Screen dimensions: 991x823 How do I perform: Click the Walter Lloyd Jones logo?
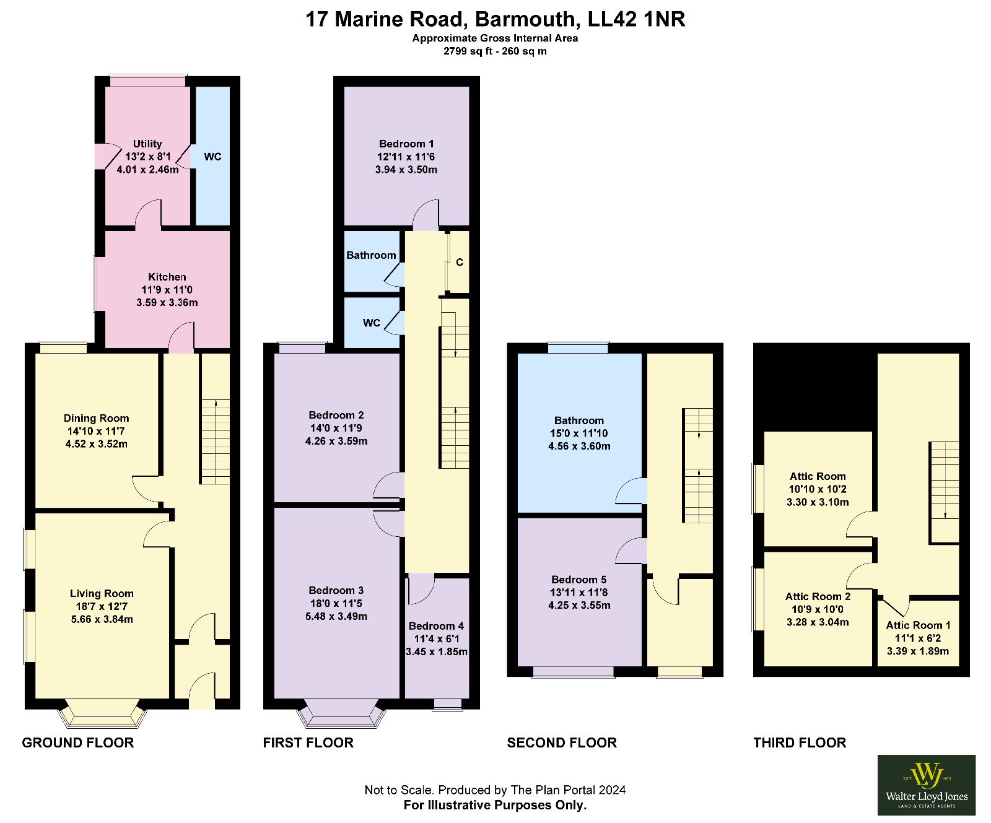tap(927, 785)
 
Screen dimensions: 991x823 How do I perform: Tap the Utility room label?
tap(147, 144)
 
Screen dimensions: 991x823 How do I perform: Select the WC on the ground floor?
tap(212, 156)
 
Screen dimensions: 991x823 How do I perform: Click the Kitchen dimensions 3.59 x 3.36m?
tap(167, 303)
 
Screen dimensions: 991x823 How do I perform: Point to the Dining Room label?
tap(96, 418)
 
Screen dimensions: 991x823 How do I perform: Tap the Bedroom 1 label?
tap(406, 144)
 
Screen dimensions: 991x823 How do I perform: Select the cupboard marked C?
tap(459, 262)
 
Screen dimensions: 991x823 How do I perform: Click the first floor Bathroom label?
tap(371, 255)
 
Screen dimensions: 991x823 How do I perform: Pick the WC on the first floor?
tap(372, 323)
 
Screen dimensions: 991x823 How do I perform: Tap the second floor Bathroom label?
tap(579, 420)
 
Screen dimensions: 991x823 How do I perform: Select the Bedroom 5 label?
tap(579, 580)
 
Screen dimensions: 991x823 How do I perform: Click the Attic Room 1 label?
tap(918, 625)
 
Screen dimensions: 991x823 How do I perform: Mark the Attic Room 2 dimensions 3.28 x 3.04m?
tap(818, 622)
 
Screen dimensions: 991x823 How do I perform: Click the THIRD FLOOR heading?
tap(800, 742)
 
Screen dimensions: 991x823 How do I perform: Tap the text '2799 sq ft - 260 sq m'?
tap(495, 51)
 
